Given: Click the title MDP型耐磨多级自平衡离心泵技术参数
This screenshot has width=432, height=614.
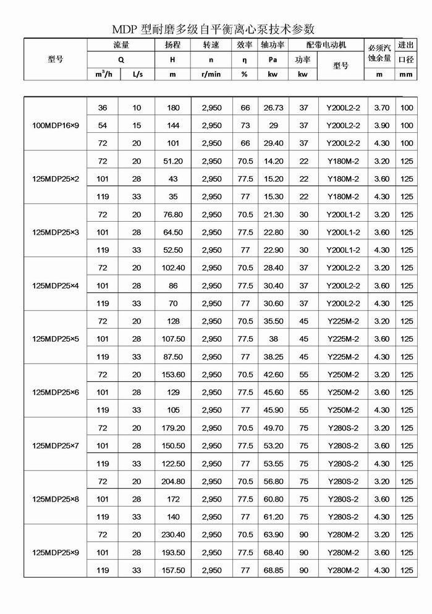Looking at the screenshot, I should (x=213, y=28).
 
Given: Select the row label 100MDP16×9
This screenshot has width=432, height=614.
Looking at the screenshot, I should (x=56, y=125).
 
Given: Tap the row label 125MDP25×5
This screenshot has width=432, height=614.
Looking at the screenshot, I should (x=56, y=339).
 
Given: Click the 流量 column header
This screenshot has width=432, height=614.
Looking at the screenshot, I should (x=121, y=45).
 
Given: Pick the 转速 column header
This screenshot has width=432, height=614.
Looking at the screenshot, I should (x=211, y=45).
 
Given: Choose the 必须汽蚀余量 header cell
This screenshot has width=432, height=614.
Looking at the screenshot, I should (x=379, y=53).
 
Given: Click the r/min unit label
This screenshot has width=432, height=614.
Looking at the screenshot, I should (x=211, y=74).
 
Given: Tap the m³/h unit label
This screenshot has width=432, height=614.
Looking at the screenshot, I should (x=103, y=74).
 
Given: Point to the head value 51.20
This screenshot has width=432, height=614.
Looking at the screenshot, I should (x=173, y=161).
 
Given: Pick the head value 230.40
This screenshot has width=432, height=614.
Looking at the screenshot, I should (x=173, y=535).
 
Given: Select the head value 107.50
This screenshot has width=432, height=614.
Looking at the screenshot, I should (x=173, y=339).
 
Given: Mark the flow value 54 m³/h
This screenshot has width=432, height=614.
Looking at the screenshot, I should (x=103, y=125).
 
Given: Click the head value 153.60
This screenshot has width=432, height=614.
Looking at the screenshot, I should (x=173, y=375).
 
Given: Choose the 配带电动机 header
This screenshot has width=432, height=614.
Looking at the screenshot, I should (x=326, y=45).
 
